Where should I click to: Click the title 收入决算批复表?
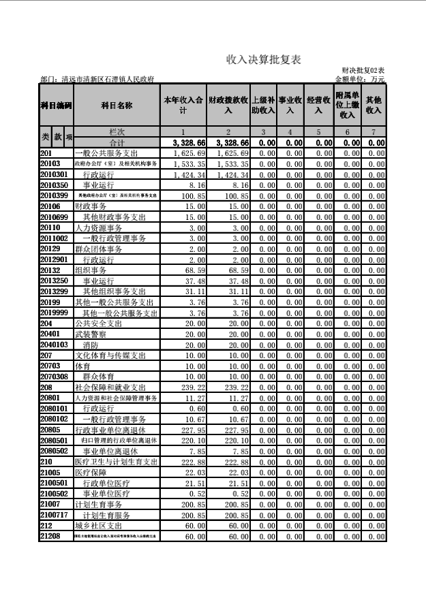click(x=264, y=61)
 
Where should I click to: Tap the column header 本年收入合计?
click(x=183, y=105)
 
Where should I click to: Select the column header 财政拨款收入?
click(x=228, y=105)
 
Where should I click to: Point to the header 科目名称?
click(x=117, y=106)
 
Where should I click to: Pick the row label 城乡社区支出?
click(x=98, y=526)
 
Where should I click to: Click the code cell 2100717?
click(x=55, y=515)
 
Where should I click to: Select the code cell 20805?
click(x=50, y=430)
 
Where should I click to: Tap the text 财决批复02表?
click(x=363, y=71)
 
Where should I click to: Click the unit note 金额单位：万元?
click(x=360, y=80)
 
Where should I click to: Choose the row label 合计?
click(x=117, y=143)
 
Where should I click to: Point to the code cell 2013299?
click(x=55, y=291)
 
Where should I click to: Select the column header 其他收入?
click(x=374, y=105)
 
